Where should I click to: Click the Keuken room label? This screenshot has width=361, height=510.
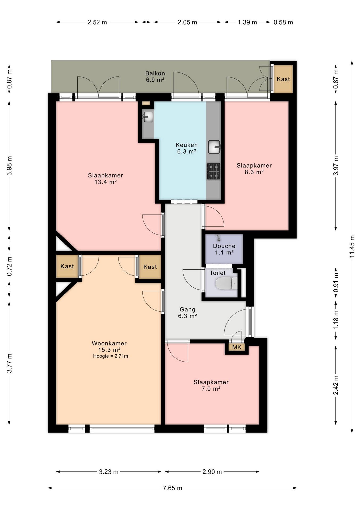click(x=186, y=145)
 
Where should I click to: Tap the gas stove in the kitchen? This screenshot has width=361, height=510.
click(x=213, y=171)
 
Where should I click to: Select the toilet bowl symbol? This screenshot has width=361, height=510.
click(x=226, y=283)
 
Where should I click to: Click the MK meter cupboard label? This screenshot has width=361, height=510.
click(x=237, y=347)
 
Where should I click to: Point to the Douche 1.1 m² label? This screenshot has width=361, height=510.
click(x=224, y=249)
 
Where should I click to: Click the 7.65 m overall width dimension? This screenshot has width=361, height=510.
click(x=172, y=488)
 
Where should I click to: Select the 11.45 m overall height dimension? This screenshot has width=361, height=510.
click(x=352, y=246)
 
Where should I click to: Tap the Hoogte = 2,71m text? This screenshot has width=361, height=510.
click(x=110, y=356)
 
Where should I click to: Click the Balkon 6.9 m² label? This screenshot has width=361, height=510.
click(x=155, y=76)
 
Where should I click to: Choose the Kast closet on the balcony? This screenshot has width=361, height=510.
click(x=283, y=79)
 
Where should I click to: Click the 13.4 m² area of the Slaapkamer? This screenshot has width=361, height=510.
click(x=106, y=182)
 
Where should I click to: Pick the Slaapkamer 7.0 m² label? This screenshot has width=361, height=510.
click(x=211, y=385)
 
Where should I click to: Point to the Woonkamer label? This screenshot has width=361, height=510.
click(x=109, y=343)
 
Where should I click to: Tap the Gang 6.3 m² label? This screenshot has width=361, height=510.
click(x=187, y=313)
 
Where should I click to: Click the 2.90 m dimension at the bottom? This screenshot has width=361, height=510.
click(x=212, y=472)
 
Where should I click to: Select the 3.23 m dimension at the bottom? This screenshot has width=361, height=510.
click(x=109, y=472)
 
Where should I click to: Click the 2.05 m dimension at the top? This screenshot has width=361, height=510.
click(x=187, y=22)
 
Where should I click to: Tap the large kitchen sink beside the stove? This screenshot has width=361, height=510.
click(x=214, y=147)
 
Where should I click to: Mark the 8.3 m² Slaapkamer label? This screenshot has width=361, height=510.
click(x=254, y=169)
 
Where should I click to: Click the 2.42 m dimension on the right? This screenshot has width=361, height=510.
click(x=336, y=385)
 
